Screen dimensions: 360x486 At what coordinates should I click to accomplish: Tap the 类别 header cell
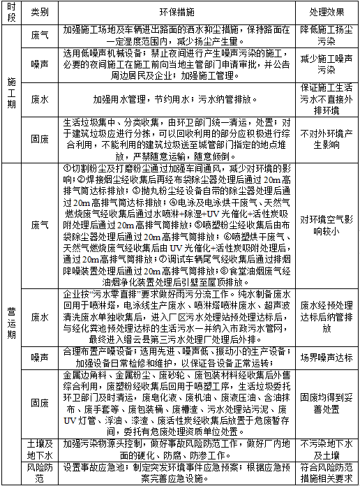pyautogui.click(x=40, y=13)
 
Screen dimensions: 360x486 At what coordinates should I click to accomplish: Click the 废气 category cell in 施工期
pyautogui.click(x=40, y=34)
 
